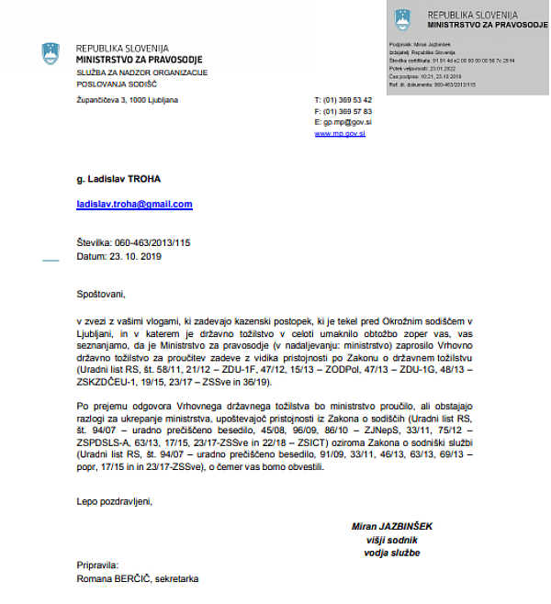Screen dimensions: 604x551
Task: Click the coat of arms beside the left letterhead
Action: pos(51,54)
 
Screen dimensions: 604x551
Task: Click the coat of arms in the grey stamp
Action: pos(403,19)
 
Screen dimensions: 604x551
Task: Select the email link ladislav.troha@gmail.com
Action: pos(134,204)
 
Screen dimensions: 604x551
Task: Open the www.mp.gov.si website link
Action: pos(340,133)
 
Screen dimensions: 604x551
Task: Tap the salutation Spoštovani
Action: pos(99,295)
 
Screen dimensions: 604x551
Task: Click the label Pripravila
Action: pos(97,566)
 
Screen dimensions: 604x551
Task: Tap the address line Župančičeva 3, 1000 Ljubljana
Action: pos(127,99)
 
